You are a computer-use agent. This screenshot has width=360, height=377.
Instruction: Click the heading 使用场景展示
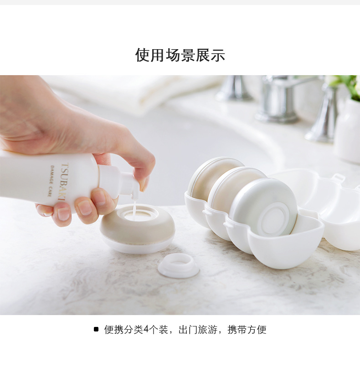click(180, 55)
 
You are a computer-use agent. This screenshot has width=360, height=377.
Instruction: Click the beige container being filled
click(138, 229)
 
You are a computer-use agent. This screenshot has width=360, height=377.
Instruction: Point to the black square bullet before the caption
click(96, 329)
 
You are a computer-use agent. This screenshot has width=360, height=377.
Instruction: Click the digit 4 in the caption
click(146, 329)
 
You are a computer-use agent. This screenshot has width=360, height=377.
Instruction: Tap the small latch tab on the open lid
click(338, 178)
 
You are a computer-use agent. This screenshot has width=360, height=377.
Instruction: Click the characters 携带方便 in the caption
click(247, 329)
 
